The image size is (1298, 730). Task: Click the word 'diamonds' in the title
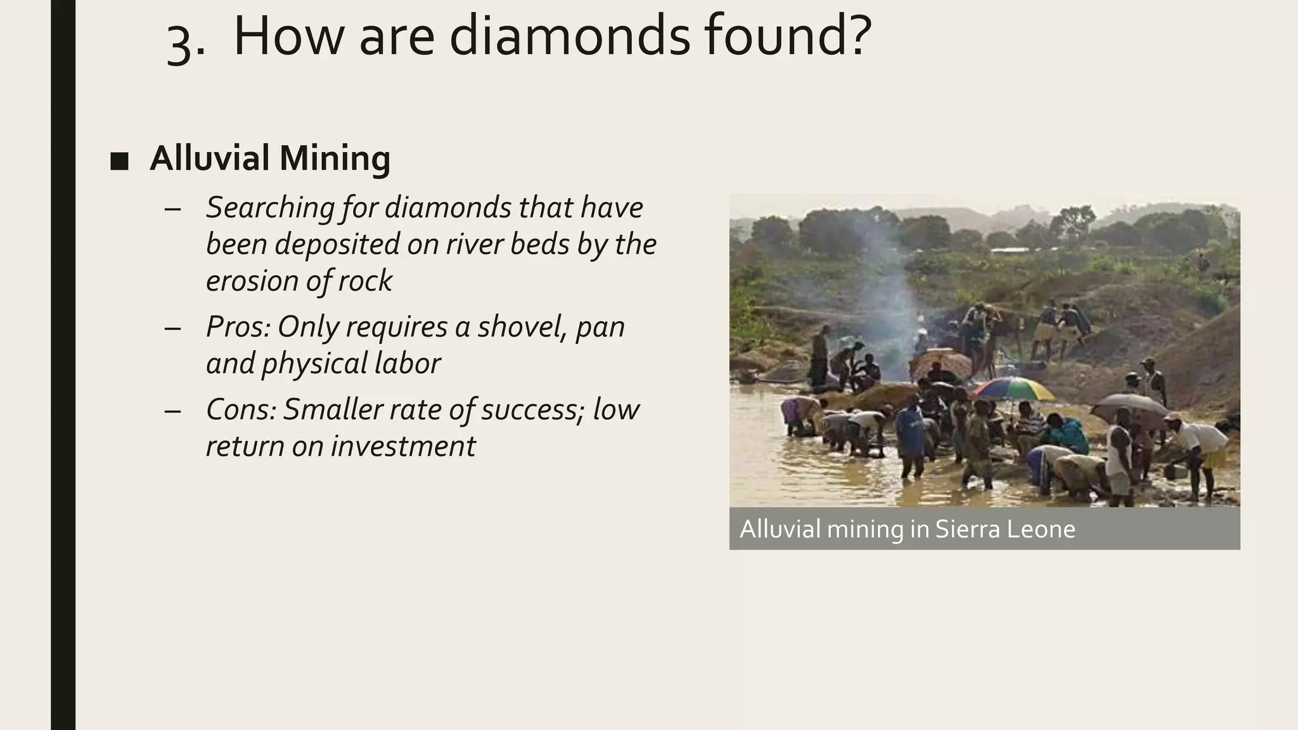(x=569, y=36)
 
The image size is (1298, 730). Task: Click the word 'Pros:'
(x=238, y=327)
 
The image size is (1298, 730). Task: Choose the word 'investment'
(x=402, y=446)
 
